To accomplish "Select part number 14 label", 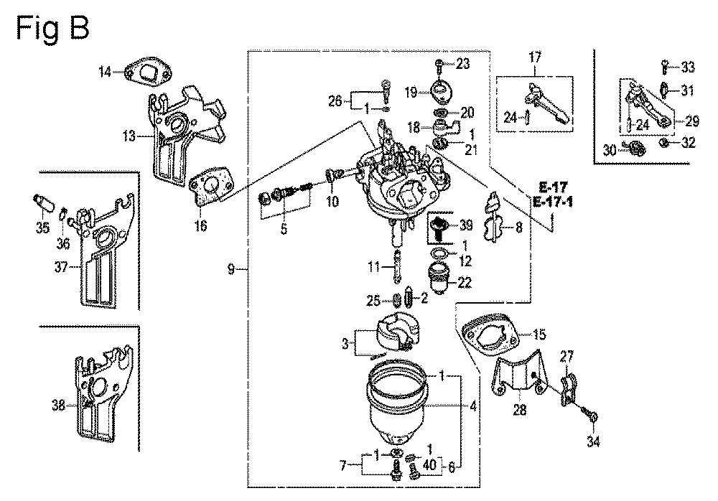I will (x=106, y=70).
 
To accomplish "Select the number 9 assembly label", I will (x=231, y=269).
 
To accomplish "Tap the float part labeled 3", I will (x=387, y=333).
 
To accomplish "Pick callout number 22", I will (x=465, y=283).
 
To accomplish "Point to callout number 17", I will (x=535, y=57).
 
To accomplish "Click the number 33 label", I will (x=688, y=68).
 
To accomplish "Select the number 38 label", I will (x=58, y=405).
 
